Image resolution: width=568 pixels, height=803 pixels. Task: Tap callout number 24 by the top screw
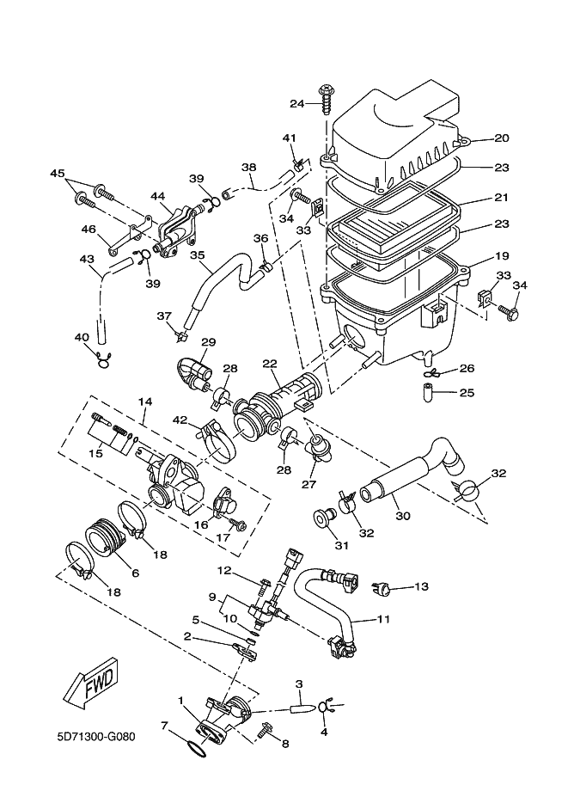click(296, 104)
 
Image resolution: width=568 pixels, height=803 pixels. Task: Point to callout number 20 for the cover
click(502, 138)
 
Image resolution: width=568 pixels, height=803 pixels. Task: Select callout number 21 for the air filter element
click(502, 198)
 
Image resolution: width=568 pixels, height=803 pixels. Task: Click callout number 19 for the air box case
click(502, 256)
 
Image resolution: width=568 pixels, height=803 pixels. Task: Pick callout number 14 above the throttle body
click(144, 401)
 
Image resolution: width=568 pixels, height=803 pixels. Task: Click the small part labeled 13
click(382, 588)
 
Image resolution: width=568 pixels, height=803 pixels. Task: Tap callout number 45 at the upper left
click(58, 174)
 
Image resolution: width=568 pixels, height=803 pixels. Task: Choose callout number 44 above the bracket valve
click(157, 197)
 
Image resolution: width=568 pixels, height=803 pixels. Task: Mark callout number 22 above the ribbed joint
click(269, 365)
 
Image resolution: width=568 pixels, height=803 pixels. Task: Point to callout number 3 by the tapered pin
click(299, 685)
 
